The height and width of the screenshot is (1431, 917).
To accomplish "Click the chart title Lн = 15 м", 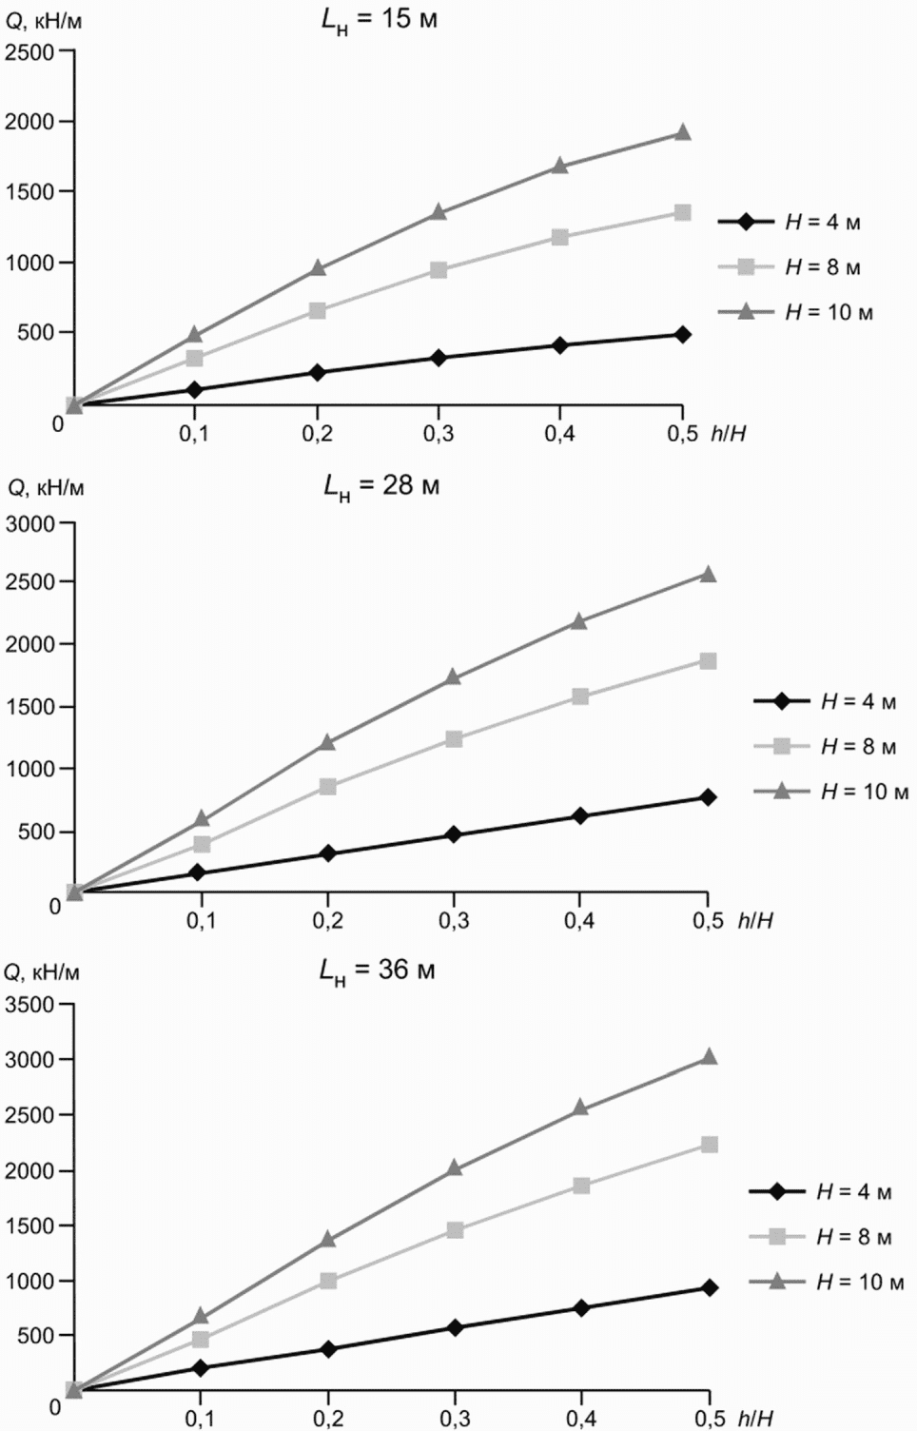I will click(x=380, y=21).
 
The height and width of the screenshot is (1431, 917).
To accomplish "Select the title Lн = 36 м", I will click(x=377, y=971).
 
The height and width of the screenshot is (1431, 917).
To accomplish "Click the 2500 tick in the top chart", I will click(x=29, y=51).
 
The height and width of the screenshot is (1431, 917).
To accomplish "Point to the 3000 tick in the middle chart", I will click(x=29, y=523).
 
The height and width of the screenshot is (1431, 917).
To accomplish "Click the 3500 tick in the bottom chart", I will click(x=29, y=1005).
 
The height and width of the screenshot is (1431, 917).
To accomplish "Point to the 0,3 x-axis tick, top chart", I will click(x=439, y=435).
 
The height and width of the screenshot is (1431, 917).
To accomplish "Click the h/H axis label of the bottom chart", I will click(x=754, y=1419).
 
